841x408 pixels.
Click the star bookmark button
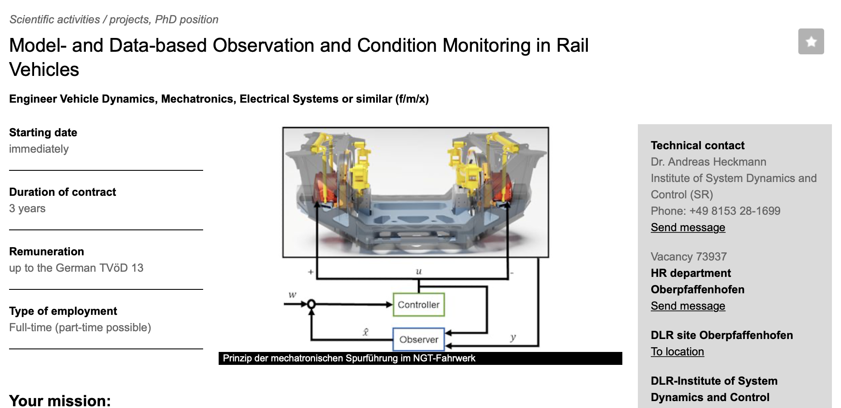point(811,41)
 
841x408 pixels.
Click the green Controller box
point(418,304)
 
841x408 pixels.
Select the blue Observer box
point(418,339)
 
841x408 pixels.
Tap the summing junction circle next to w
point(311,304)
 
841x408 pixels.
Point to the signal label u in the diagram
point(418,271)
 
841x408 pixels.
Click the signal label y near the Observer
point(513,338)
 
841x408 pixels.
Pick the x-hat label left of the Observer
point(365,332)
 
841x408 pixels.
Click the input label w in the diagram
point(292,295)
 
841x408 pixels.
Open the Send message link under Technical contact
point(688,227)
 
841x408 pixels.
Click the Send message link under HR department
point(688,306)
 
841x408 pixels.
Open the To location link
point(677,352)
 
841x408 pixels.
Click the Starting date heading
point(43,132)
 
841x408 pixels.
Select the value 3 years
point(27,208)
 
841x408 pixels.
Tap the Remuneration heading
point(47,251)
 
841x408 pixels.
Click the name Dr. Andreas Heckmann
point(709,162)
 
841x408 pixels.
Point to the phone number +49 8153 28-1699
point(735,211)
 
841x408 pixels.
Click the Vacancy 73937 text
point(689,257)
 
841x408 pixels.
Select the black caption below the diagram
point(420,358)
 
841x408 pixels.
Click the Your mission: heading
point(60,401)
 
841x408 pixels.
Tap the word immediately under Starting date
point(39,149)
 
